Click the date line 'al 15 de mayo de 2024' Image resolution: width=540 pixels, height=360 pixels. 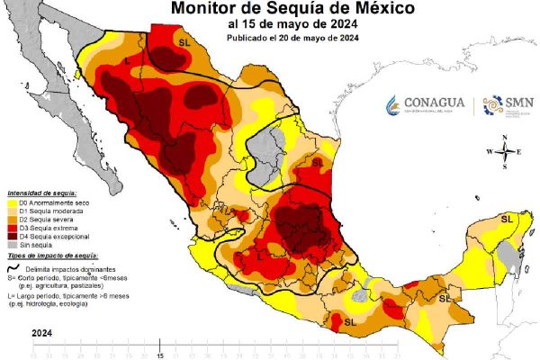pos(274,24)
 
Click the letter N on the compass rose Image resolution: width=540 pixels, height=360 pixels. pos(506,138)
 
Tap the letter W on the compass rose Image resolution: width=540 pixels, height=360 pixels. pos(490,152)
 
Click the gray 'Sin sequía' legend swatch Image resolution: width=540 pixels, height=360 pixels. pos(13,244)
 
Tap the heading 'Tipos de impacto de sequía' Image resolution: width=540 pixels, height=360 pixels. pos(50,257)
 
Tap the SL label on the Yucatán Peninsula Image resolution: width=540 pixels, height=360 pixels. pos(507,219)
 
